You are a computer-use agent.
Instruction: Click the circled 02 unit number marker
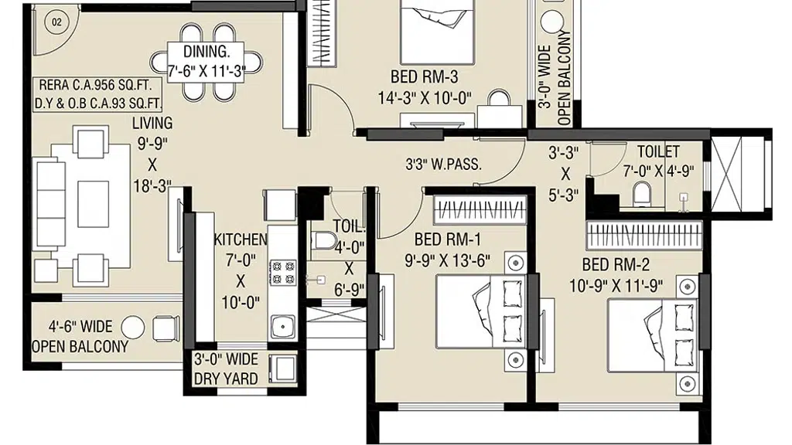click(x=56, y=22)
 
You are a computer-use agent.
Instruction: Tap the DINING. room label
click(x=206, y=52)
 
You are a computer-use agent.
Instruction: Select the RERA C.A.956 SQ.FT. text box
click(x=95, y=85)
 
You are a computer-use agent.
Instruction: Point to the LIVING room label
click(x=152, y=123)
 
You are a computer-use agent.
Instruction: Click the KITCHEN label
click(x=241, y=239)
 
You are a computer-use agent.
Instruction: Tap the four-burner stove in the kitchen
click(x=283, y=273)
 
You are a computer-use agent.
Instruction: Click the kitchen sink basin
click(x=283, y=327)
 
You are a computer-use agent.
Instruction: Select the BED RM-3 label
click(x=425, y=76)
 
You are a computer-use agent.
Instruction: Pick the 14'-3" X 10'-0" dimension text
click(x=425, y=98)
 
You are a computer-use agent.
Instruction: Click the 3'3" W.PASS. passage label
click(x=443, y=164)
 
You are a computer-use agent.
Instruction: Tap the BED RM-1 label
click(x=448, y=239)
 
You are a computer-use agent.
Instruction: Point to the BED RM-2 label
click(x=616, y=264)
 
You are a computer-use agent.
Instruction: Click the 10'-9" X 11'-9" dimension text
click(x=616, y=286)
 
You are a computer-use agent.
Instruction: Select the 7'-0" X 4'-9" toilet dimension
click(x=658, y=172)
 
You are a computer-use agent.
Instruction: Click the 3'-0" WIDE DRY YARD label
click(x=227, y=369)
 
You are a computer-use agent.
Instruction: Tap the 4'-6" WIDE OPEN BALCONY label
click(x=80, y=337)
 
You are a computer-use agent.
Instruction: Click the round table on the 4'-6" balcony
click(x=132, y=328)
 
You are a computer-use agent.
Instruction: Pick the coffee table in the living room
click(x=93, y=204)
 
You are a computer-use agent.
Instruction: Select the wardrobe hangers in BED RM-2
click(x=644, y=235)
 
